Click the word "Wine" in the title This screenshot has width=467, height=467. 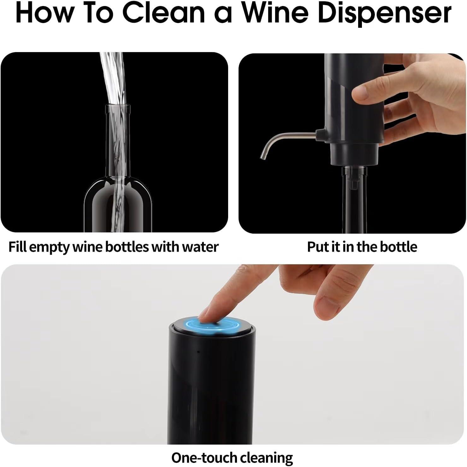[274, 13]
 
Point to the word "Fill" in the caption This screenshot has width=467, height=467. [17, 246]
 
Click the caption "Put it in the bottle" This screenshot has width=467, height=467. [362, 246]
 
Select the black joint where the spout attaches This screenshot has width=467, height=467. [321, 134]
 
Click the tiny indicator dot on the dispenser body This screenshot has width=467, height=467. [198, 352]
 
